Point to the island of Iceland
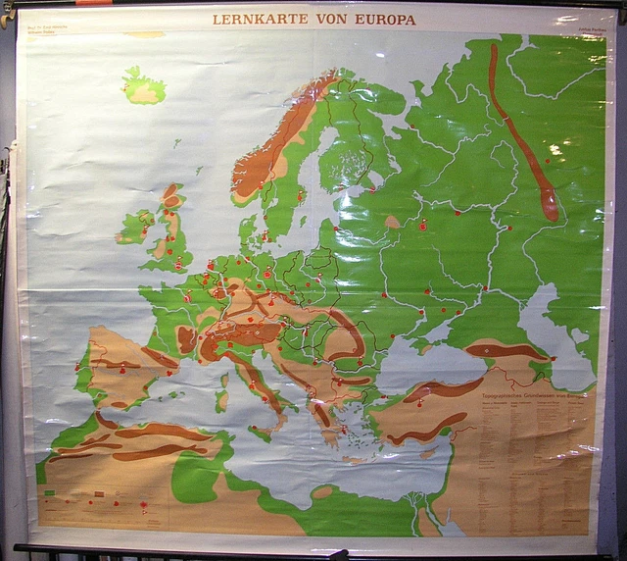click(144, 86)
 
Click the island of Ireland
click(134, 227)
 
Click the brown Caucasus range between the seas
click(505, 350)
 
